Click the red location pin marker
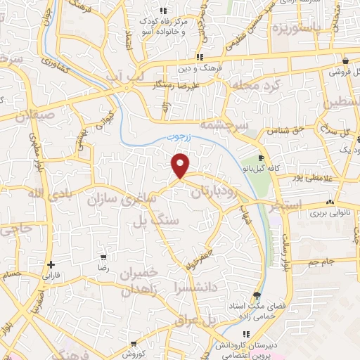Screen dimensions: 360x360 pos(181,165)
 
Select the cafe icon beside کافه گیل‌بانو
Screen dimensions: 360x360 pos(262,158)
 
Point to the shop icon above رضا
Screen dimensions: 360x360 pos(103,257)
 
